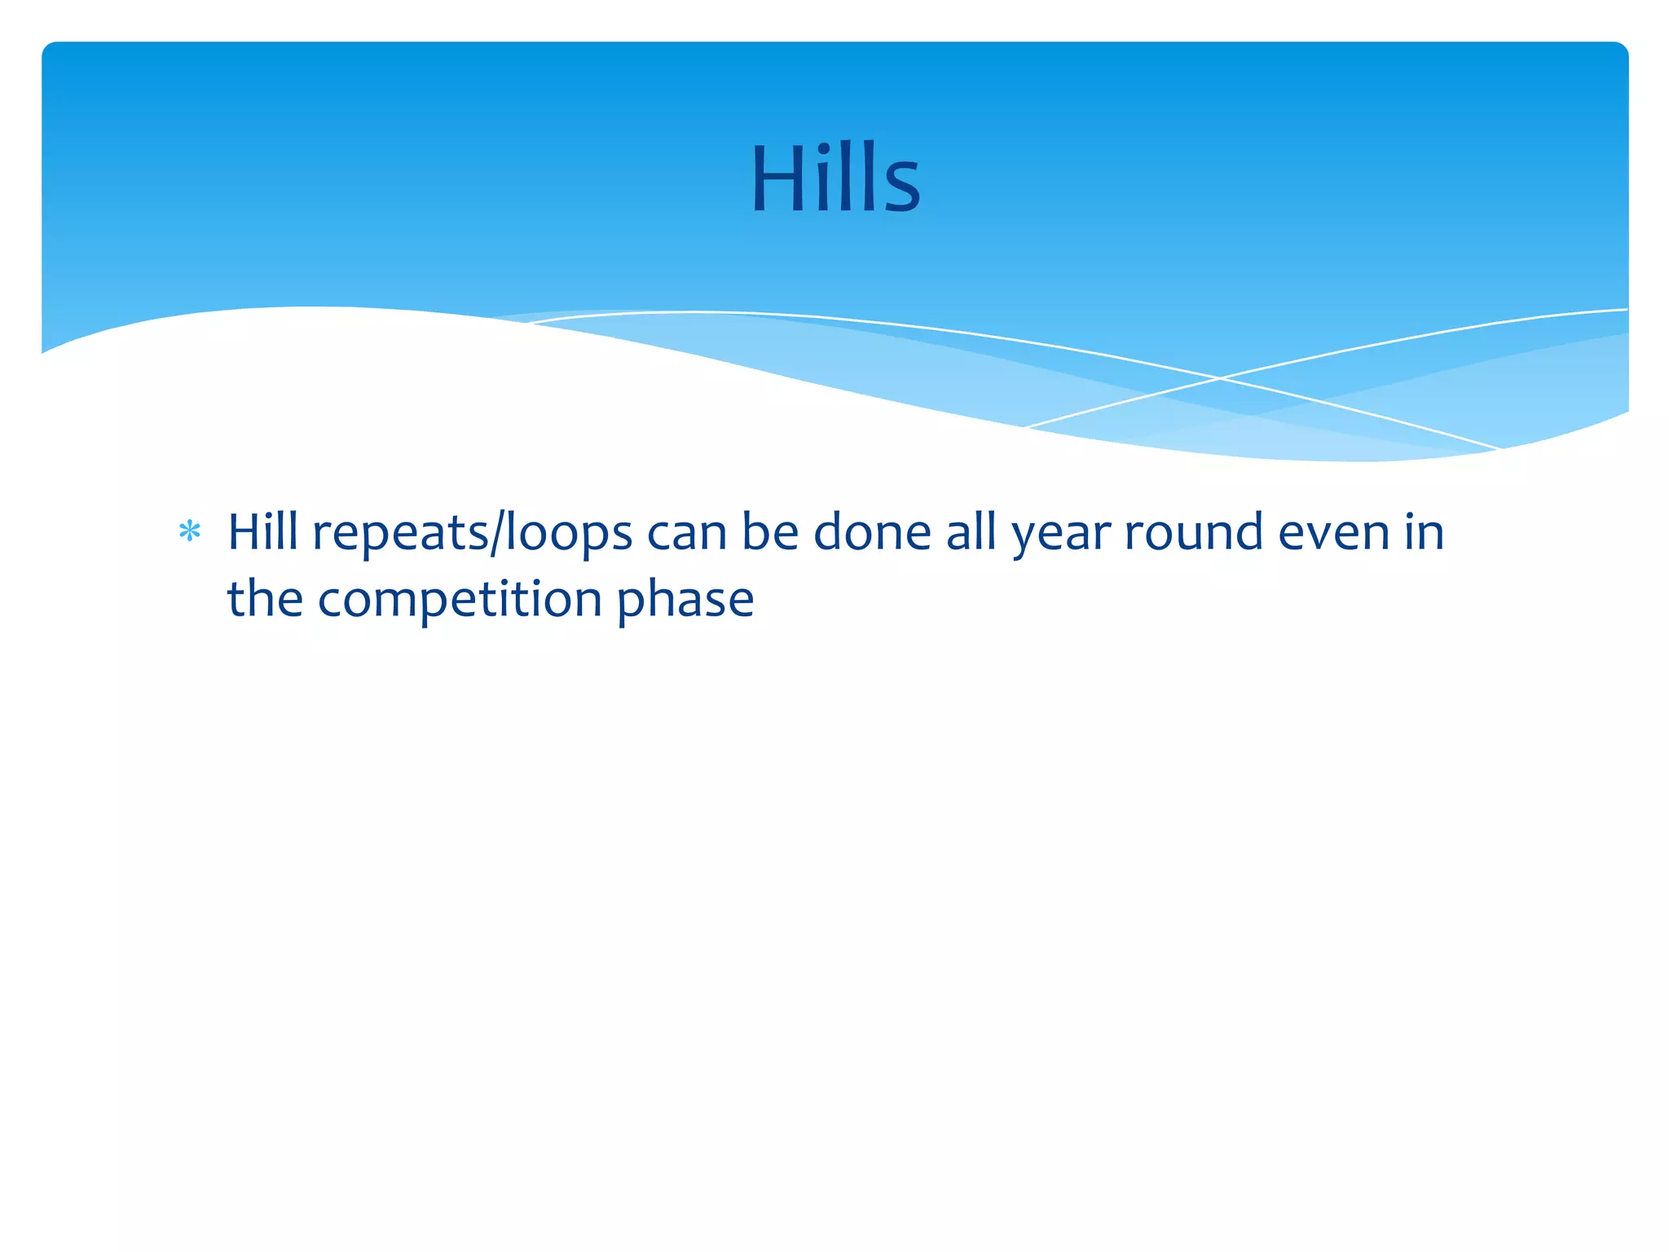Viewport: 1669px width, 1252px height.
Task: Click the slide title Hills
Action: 834,179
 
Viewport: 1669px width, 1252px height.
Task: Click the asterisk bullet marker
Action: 190,532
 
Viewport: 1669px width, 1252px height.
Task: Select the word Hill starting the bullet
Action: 262,532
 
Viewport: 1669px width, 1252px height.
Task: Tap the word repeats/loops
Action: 472,534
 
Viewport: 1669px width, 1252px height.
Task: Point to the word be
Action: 770,532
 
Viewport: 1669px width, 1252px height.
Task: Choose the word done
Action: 872,532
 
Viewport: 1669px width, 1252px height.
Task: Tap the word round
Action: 1194,532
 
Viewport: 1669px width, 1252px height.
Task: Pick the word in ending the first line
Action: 1424,532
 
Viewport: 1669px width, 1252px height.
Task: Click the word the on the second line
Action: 265,599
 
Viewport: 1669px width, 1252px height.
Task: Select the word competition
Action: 459,601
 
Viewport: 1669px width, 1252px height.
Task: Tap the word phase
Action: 685,601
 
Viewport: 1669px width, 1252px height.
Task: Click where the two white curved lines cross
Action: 1220,378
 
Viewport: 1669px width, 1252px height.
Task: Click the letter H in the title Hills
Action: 778,179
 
